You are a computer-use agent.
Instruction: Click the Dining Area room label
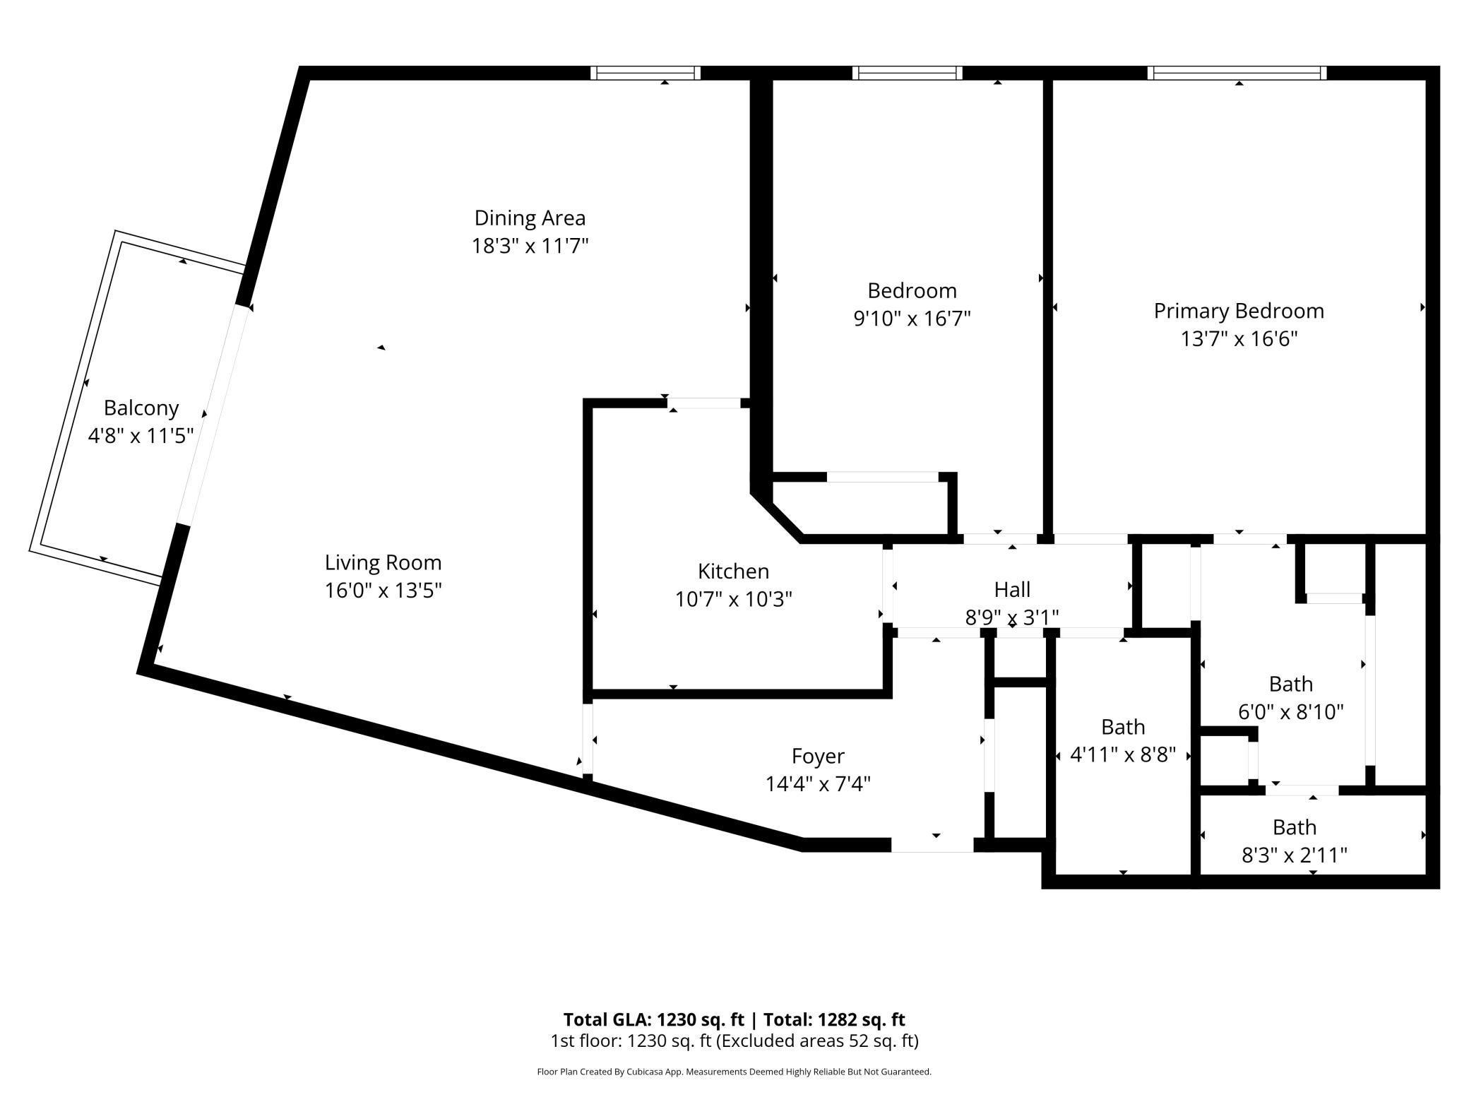(x=530, y=218)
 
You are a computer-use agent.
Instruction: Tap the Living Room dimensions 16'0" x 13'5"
(x=383, y=591)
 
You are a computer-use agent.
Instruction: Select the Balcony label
(x=141, y=408)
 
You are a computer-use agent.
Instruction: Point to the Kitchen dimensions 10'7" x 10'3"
(x=733, y=600)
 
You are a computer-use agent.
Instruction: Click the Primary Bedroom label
(x=1239, y=311)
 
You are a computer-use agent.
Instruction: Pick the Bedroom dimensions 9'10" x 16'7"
(x=912, y=319)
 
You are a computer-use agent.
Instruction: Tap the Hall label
(x=1012, y=589)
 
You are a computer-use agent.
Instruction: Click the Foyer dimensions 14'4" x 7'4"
(x=818, y=784)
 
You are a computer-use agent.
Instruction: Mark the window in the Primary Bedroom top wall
(x=1237, y=73)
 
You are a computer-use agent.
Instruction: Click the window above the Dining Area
(x=645, y=73)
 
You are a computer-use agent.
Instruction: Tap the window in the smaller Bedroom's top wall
(x=908, y=73)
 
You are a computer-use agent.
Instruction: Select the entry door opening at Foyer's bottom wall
(x=932, y=844)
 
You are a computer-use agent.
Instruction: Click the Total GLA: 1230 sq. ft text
(x=653, y=1019)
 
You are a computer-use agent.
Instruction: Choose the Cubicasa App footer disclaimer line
(x=734, y=1072)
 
